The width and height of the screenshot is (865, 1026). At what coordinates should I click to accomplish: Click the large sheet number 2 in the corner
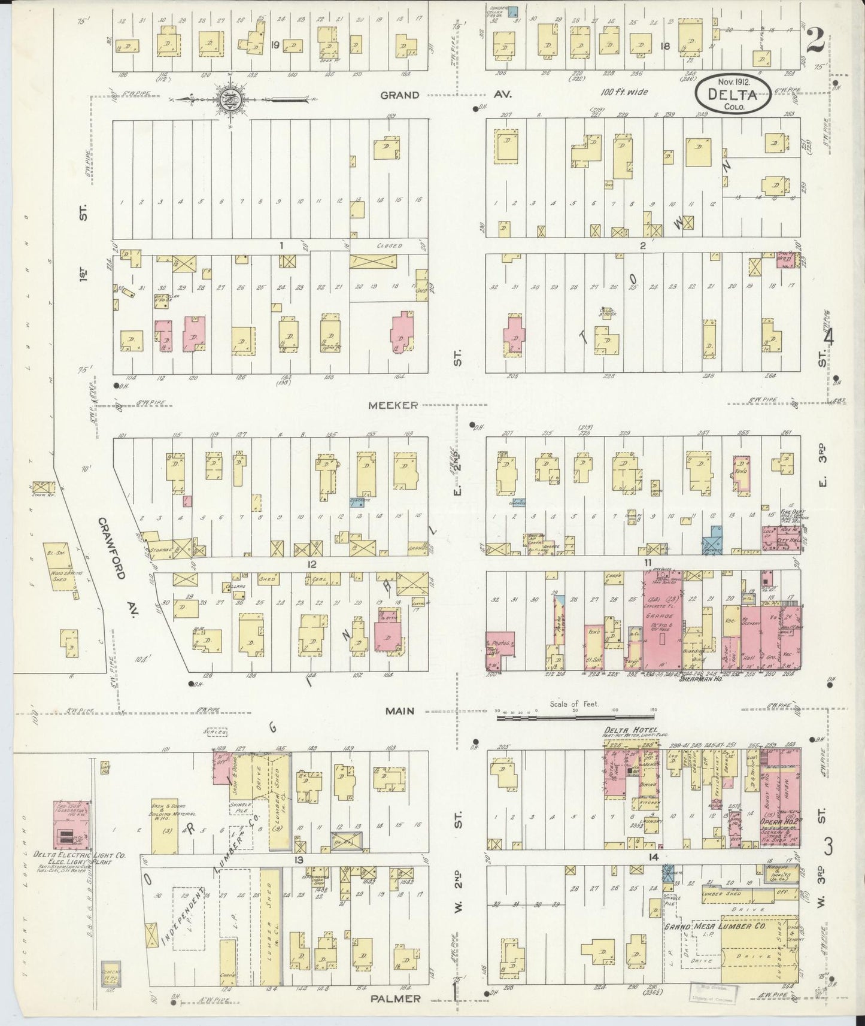(x=816, y=41)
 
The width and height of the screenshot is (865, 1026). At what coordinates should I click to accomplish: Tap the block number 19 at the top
(x=275, y=45)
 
